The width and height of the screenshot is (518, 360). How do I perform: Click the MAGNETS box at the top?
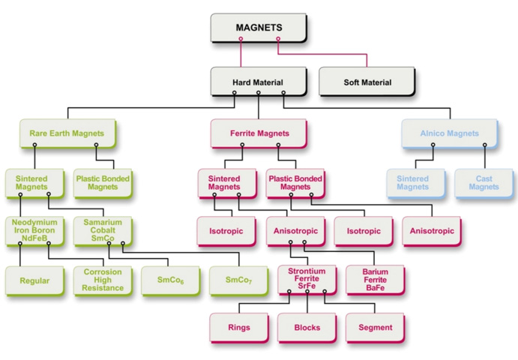coord(259,28)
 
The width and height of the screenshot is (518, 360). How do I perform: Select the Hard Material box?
coord(259,82)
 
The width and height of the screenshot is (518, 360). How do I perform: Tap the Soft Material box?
coord(367,82)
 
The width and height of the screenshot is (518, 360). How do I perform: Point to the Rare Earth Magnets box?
coord(67,133)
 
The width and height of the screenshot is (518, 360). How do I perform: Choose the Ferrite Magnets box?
coord(259,133)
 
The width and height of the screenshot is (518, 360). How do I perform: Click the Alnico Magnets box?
coord(450,133)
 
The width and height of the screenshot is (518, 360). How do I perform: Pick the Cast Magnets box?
coord(484,183)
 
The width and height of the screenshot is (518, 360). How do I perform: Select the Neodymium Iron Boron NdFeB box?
coord(34,231)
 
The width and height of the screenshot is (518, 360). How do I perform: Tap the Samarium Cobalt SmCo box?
coord(103,231)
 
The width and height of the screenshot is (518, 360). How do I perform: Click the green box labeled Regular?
coord(34,280)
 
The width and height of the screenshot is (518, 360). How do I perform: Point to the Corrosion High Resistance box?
coord(103,280)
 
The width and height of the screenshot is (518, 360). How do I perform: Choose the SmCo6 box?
coord(171,280)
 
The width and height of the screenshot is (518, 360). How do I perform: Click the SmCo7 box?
coord(239,280)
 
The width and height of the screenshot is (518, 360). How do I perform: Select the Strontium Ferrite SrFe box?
coord(307,280)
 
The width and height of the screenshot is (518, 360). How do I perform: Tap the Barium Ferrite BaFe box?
coord(376,280)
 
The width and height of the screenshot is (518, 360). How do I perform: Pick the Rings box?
coord(239,328)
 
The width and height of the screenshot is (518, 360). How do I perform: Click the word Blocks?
coord(307,328)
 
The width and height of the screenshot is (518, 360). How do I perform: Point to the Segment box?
coord(376,328)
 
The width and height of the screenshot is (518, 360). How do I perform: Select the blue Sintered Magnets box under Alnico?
coord(416,183)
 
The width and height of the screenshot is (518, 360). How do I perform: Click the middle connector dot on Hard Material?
coord(259,92)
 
